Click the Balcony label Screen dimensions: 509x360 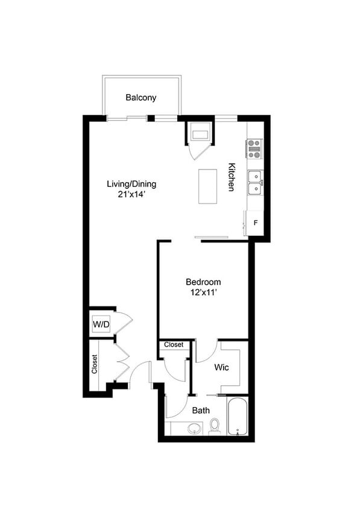(x=141, y=97)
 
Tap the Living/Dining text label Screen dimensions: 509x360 (x=127, y=183)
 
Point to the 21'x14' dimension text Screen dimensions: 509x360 (x=127, y=194)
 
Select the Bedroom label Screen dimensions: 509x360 (x=203, y=282)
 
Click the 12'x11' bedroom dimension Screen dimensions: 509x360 (x=203, y=292)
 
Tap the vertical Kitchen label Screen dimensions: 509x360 (x=230, y=177)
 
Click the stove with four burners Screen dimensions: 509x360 (x=254, y=148)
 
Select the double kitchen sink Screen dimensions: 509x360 (x=255, y=182)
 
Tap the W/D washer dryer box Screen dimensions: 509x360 (x=101, y=325)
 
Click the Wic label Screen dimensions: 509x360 (x=221, y=367)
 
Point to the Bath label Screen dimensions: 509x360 (x=201, y=410)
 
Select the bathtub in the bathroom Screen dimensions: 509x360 (x=238, y=416)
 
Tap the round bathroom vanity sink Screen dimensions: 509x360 (x=194, y=428)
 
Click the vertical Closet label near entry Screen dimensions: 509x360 (x=95, y=363)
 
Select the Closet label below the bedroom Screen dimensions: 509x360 (x=174, y=344)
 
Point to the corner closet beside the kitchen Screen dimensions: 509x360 (x=199, y=134)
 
